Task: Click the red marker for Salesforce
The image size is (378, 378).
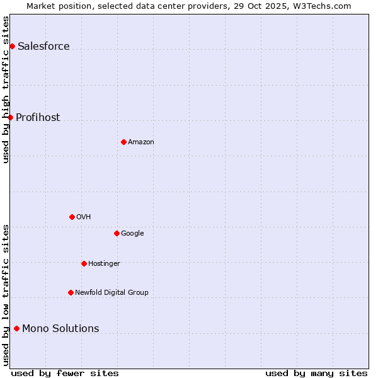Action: [12, 46]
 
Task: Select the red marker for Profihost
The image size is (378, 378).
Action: [10, 117]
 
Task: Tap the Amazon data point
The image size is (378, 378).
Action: [123, 142]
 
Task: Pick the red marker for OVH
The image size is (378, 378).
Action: [72, 217]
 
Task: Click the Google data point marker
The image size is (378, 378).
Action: [117, 233]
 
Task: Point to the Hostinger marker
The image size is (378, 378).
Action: [84, 263]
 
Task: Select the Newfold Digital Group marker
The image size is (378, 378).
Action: [71, 292]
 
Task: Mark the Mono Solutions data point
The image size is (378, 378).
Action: [16, 328]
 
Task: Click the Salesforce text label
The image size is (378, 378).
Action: [43, 46]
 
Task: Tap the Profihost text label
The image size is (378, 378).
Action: [38, 117]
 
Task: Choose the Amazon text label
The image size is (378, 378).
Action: [141, 142]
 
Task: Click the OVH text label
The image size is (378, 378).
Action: [84, 217]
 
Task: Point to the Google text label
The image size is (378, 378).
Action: [132, 233]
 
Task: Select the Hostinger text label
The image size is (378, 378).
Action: [104, 263]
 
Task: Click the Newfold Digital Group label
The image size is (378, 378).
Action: [112, 292]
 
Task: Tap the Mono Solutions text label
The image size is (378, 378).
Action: [60, 328]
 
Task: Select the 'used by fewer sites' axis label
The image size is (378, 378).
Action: [65, 373]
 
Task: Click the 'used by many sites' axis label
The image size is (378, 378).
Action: [316, 373]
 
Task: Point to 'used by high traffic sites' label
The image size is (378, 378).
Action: [6, 89]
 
